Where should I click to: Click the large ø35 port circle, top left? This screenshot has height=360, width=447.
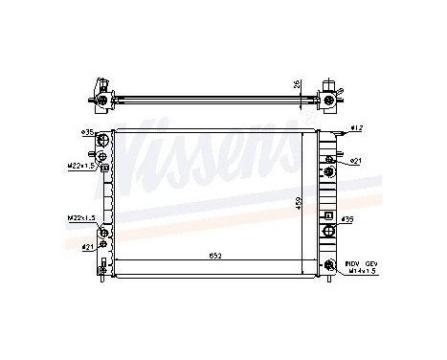[104, 143]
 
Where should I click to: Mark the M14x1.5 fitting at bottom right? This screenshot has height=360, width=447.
[330, 265]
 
